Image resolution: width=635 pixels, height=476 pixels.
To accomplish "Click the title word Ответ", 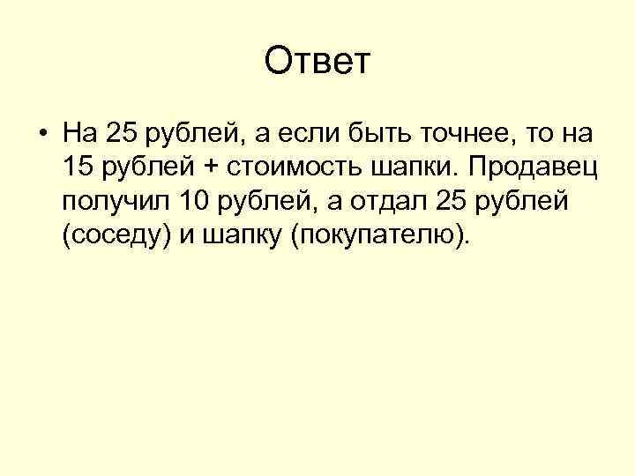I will click(x=318, y=63).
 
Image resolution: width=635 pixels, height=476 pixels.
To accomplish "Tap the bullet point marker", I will click(x=42, y=135).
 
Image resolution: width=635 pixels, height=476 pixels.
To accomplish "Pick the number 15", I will click(x=78, y=167).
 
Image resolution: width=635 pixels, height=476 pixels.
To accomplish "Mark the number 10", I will click(x=194, y=202).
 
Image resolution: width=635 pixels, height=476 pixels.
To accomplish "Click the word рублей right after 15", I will click(x=138, y=168).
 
